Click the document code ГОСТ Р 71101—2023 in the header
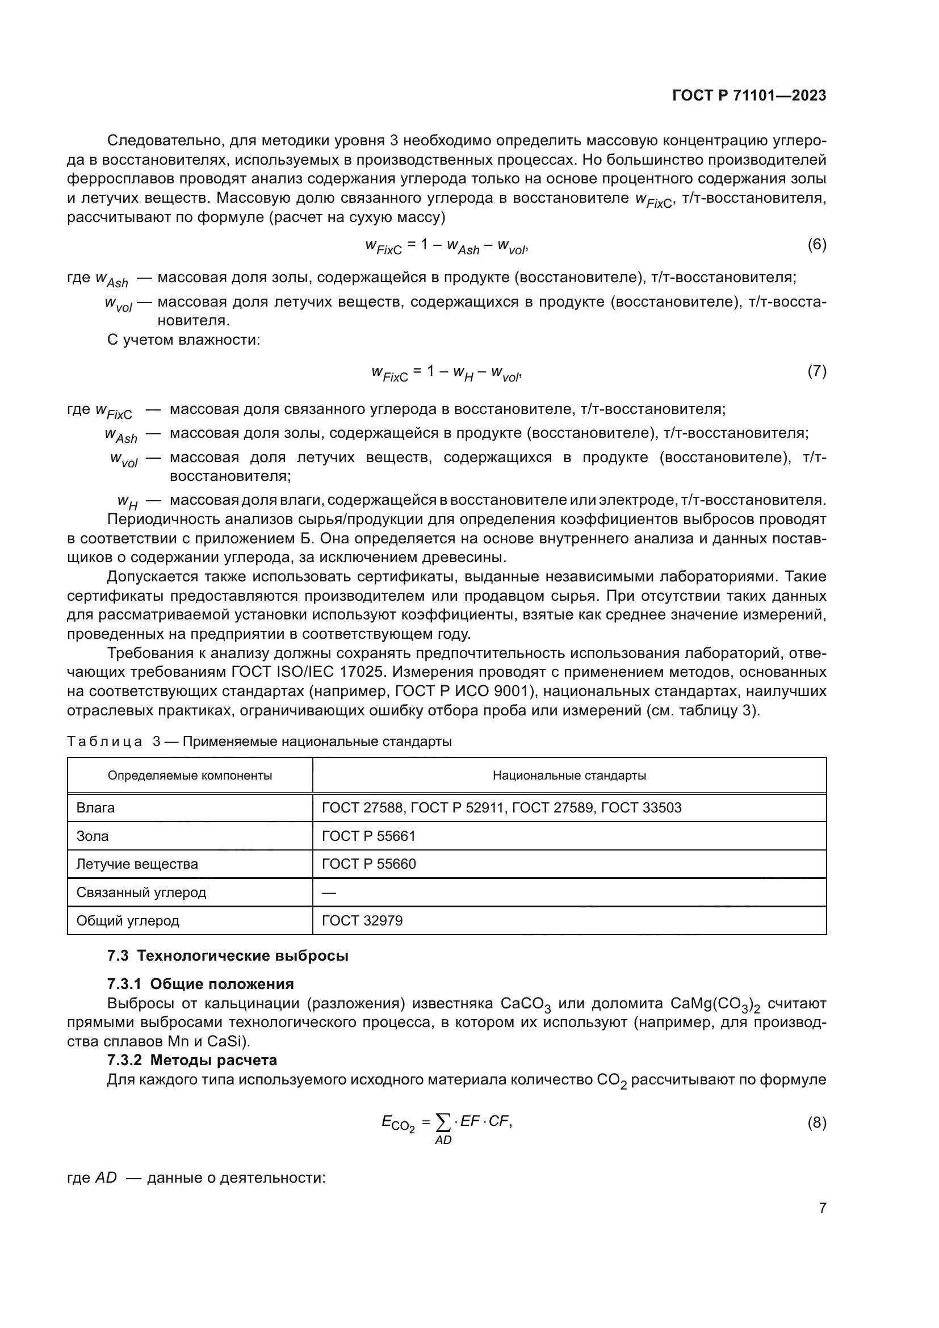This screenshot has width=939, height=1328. point(749,96)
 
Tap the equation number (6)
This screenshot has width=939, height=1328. point(816,244)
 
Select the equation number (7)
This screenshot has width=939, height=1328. point(816,371)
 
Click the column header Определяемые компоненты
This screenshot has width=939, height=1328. point(190,776)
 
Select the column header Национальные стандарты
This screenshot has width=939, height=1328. point(569,776)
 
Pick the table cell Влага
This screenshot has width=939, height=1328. point(95,807)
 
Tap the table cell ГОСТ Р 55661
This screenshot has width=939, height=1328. point(368,836)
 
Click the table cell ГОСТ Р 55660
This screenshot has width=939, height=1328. point(368,864)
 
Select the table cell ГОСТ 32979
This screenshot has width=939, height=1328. point(362,921)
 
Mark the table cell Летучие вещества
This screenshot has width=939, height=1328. point(137,864)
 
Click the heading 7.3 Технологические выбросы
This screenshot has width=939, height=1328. point(228,956)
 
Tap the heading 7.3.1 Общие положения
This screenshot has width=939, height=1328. point(200,984)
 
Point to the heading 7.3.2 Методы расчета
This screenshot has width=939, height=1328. point(192,1060)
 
